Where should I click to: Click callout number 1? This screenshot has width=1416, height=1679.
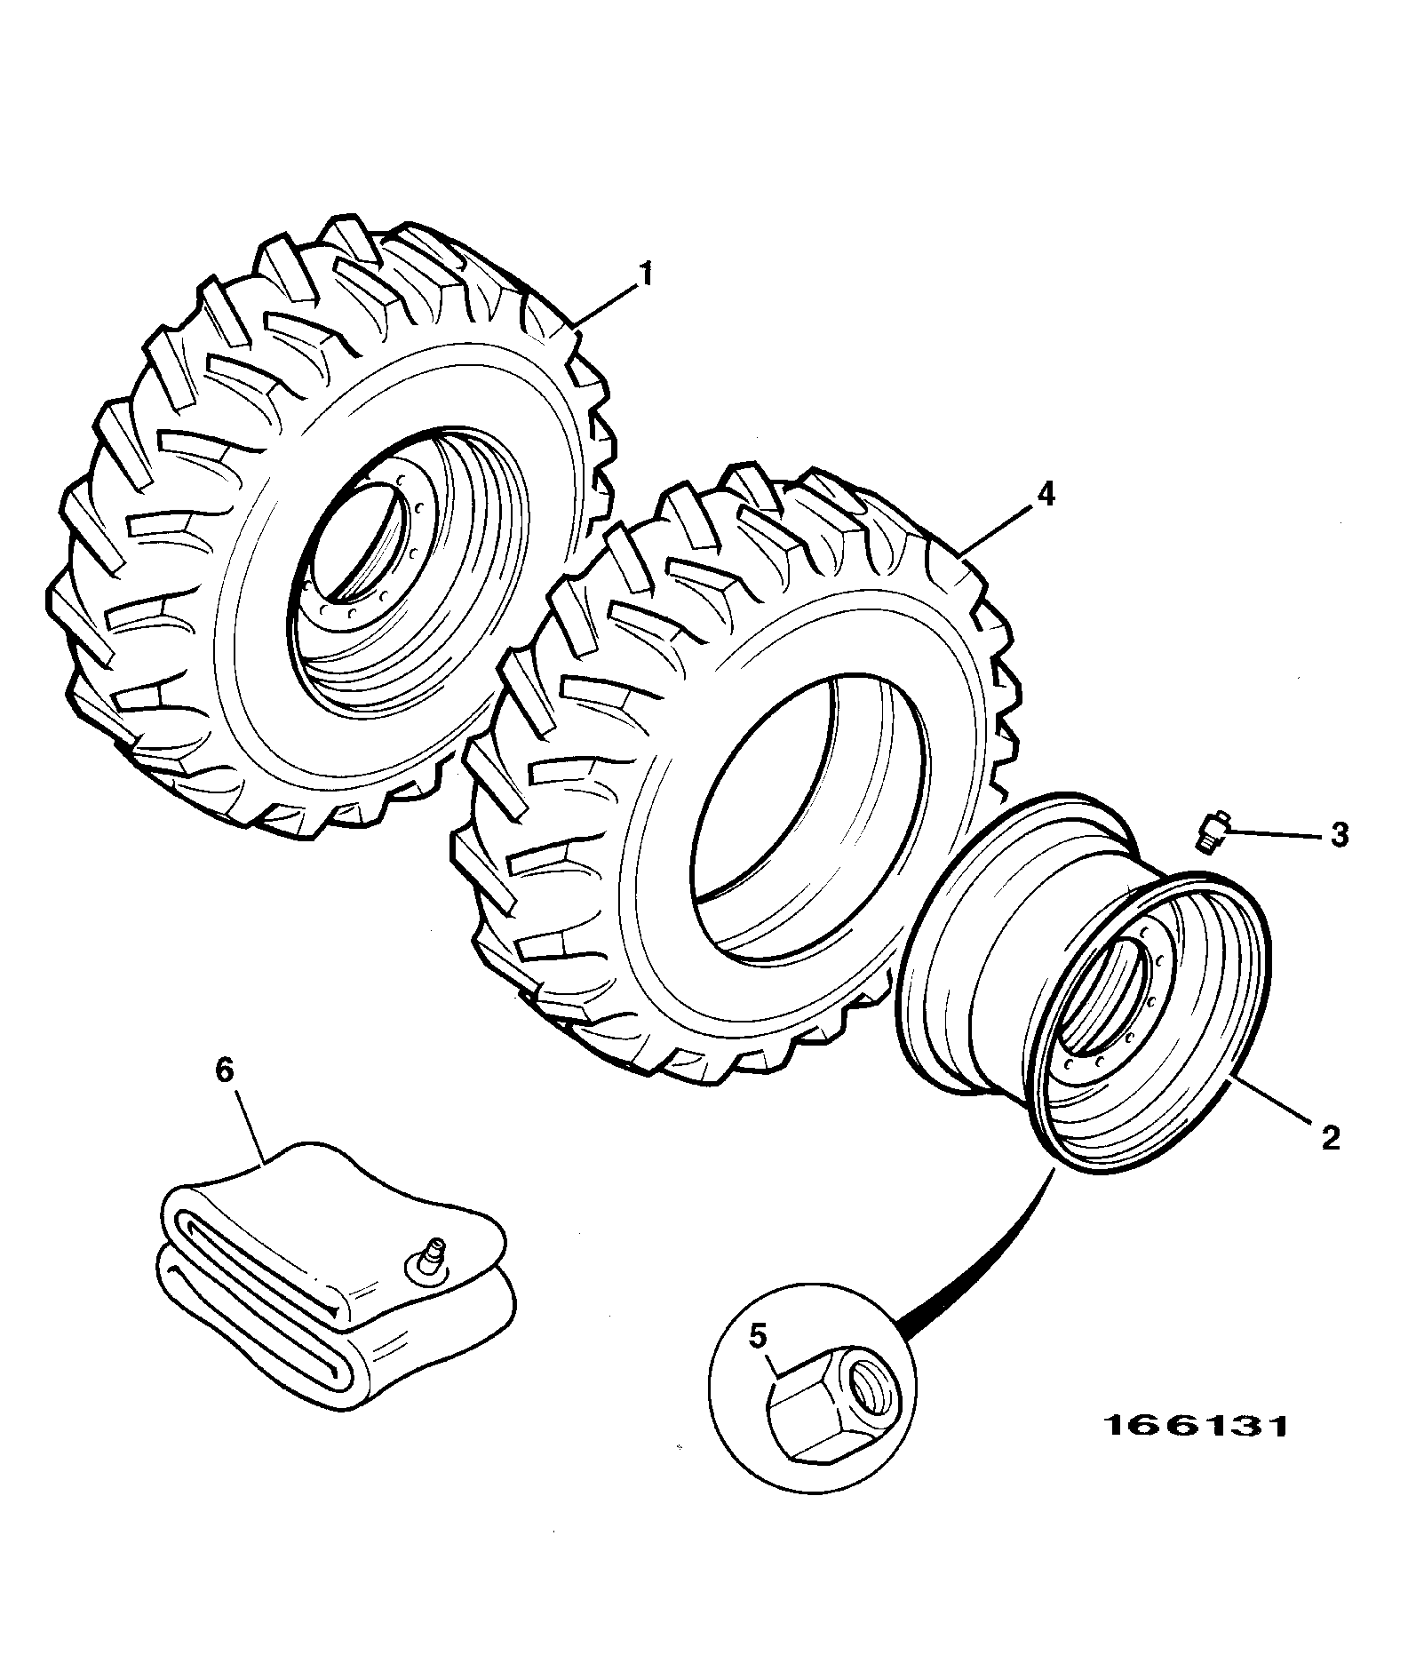pos(646,274)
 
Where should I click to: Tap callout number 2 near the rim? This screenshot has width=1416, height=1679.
pos(1329,1138)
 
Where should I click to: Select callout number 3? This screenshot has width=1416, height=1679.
pos(1339,835)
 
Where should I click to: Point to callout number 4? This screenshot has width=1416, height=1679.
pos(1046,494)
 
